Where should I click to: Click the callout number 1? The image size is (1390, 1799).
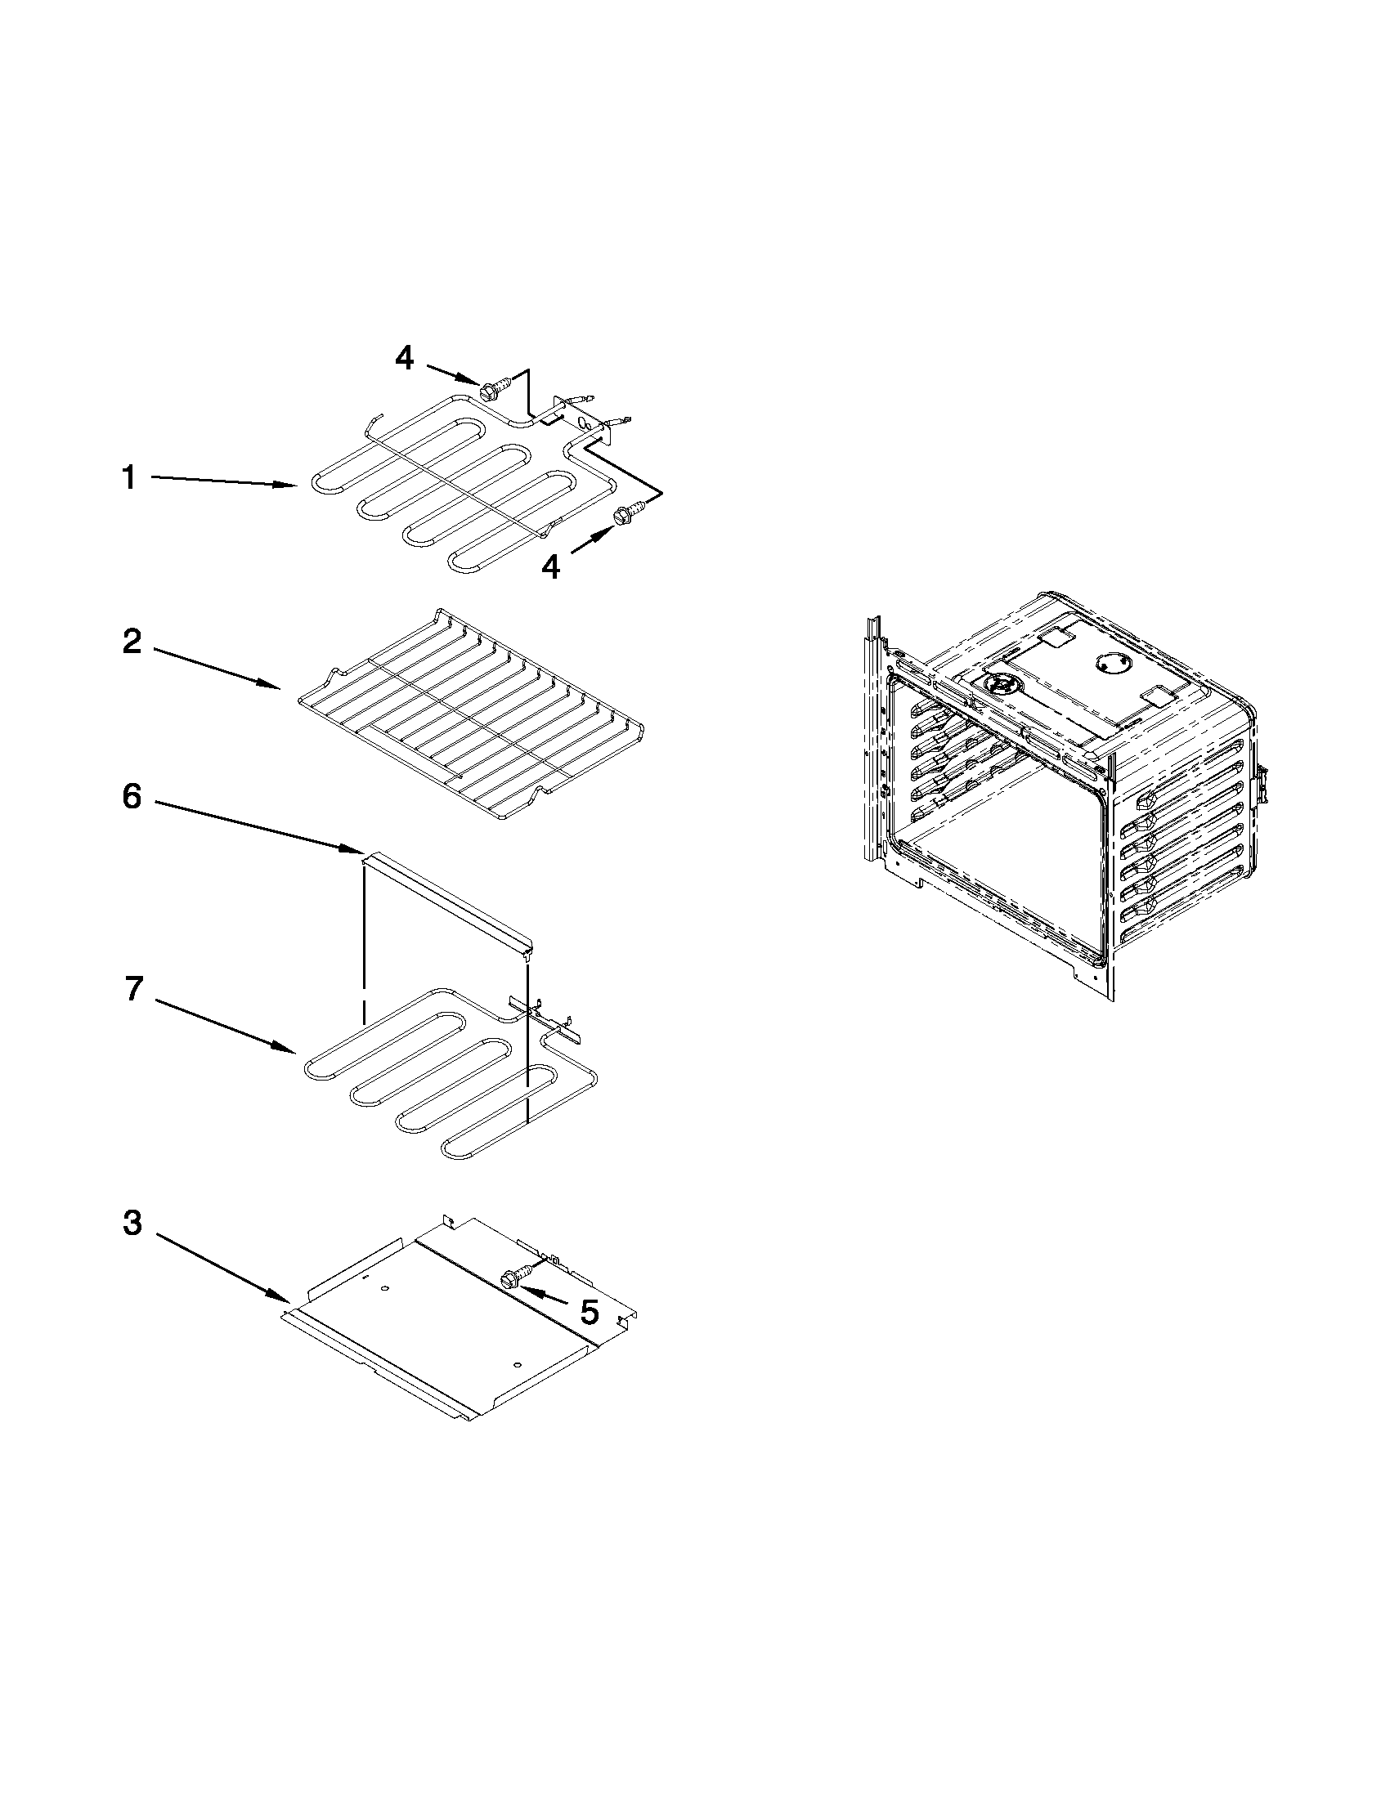pos(129,477)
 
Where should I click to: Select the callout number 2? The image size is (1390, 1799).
pos(132,642)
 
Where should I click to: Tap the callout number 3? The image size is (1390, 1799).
pos(132,1224)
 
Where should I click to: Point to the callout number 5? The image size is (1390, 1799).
pos(589,1312)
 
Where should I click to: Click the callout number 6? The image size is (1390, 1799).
pos(132,797)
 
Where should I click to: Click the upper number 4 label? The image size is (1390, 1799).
pos(405,358)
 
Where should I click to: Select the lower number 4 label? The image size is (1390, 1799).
pos(550,566)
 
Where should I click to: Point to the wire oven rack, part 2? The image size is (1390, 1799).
pos(469,717)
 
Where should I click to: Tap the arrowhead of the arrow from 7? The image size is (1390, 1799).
pos(289,1050)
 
